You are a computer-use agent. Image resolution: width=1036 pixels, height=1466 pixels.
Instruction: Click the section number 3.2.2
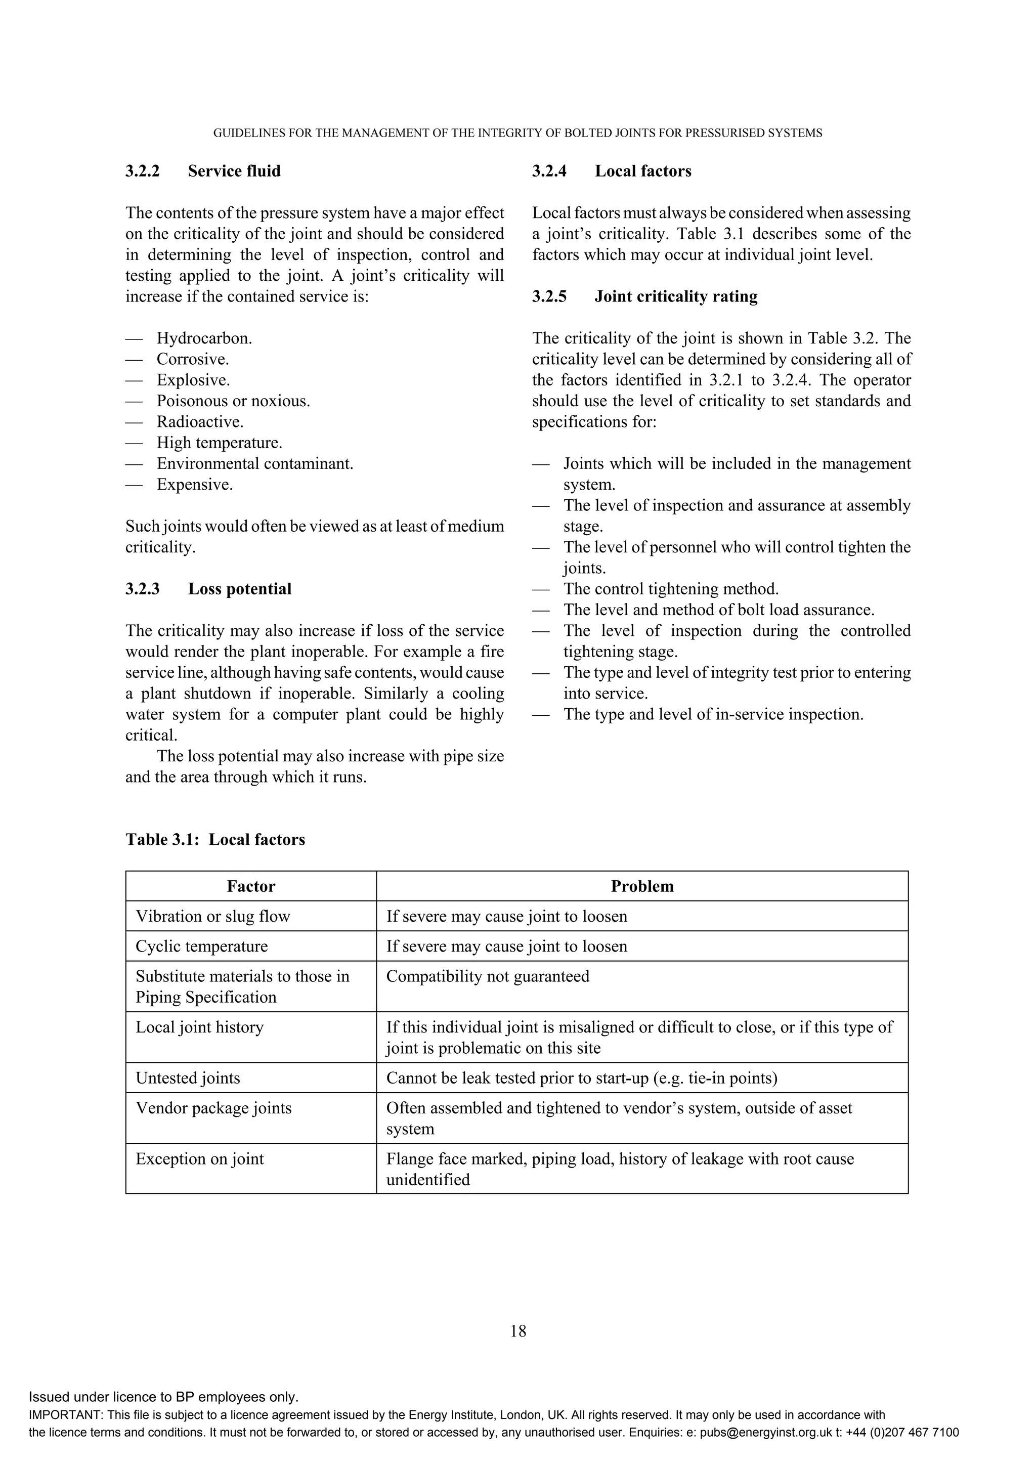pos(142,171)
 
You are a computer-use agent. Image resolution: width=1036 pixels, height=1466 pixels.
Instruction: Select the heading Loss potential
pos(239,589)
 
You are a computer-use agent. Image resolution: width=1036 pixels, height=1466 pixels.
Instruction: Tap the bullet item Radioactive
pos(200,422)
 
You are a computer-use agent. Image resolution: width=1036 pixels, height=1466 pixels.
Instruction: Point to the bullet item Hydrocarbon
pos(204,338)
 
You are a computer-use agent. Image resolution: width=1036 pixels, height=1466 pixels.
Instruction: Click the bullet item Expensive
pos(195,485)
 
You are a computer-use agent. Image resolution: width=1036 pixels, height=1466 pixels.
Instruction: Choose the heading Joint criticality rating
pos(676,296)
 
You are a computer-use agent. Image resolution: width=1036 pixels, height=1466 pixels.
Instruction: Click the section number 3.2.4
pos(549,171)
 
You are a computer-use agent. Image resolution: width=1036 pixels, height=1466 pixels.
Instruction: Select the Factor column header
pos(251,886)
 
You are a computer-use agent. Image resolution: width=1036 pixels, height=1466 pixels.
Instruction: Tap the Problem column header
pos(642,886)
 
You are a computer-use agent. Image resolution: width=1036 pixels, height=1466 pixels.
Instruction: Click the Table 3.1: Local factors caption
pos(215,840)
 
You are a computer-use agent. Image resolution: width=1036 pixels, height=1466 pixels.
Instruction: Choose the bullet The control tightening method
pos(671,589)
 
